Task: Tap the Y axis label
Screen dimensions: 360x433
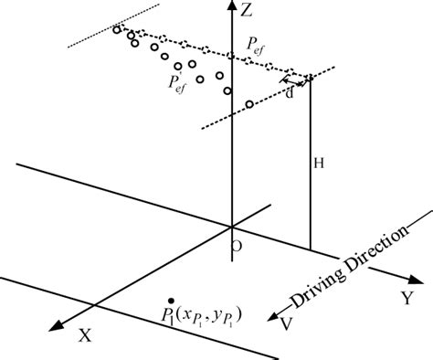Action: (406, 298)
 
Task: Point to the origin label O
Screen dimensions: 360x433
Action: (237, 245)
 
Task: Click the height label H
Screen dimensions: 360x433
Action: (319, 164)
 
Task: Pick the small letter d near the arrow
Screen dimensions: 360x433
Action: (290, 90)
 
